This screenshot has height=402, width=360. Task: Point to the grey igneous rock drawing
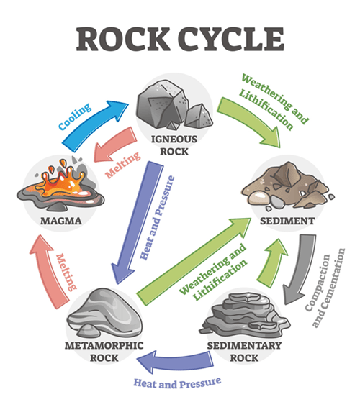click(x=171, y=104)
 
